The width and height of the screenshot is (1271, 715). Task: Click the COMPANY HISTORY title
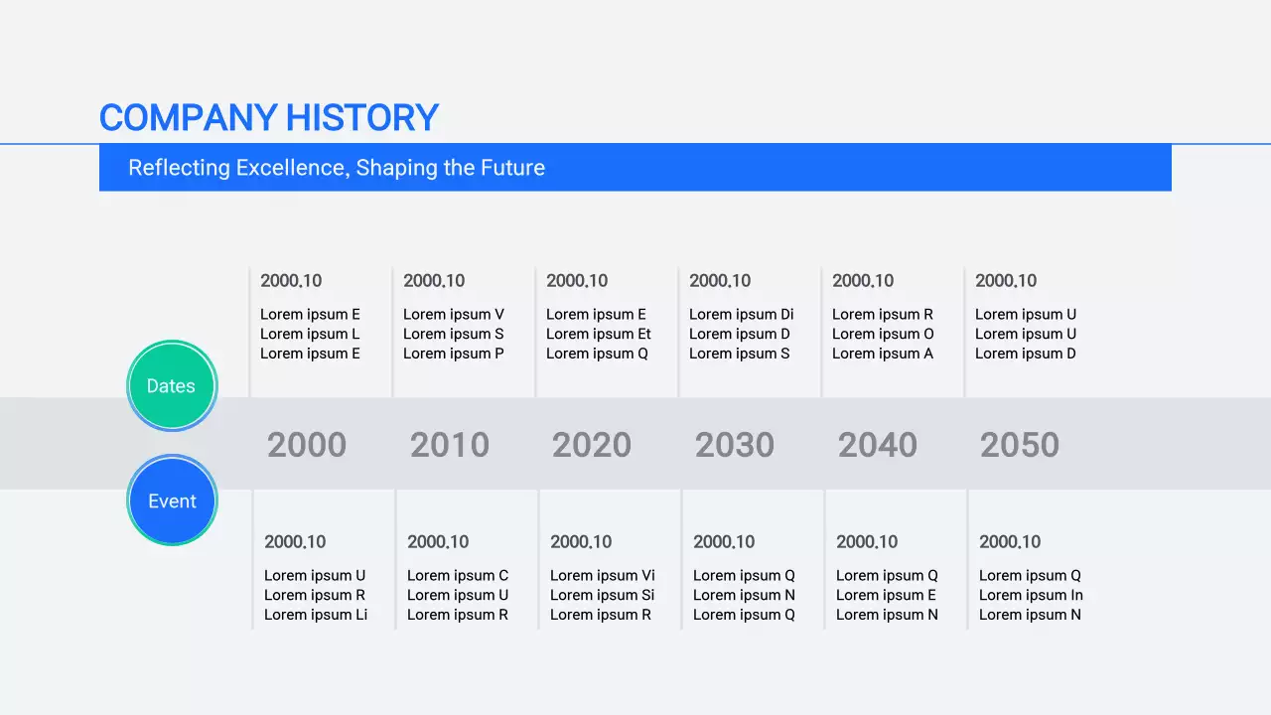(x=268, y=118)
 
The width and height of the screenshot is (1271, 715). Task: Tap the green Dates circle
(x=172, y=386)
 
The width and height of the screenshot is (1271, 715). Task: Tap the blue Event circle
(x=172, y=501)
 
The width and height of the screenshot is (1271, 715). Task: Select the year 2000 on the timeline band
(x=307, y=445)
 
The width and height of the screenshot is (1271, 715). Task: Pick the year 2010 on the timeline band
(x=450, y=445)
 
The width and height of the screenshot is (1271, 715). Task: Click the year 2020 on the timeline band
(x=592, y=445)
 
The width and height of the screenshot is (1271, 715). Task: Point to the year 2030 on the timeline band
(x=735, y=445)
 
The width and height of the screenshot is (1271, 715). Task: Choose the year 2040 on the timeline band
(x=878, y=445)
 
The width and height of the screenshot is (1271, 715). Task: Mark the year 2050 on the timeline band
(x=1020, y=445)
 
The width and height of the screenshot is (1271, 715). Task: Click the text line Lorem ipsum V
(x=454, y=315)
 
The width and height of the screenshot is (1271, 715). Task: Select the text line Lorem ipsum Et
(x=599, y=335)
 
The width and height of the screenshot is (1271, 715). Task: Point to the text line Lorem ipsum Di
(x=742, y=315)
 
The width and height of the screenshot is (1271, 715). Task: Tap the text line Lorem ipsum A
(x=883, y=354)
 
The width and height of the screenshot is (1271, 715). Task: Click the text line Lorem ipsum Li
(x=316, y=615)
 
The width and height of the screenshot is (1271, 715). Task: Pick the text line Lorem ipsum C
(x=458, y=576)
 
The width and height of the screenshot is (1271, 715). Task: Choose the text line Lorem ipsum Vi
(x=603, y=576)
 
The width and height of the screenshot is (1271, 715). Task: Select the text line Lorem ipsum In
(x=1031, y=596)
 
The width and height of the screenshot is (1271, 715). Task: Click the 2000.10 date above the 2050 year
(x=1006, y=281)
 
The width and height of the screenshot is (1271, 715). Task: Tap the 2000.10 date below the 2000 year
(x=295, y=542)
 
